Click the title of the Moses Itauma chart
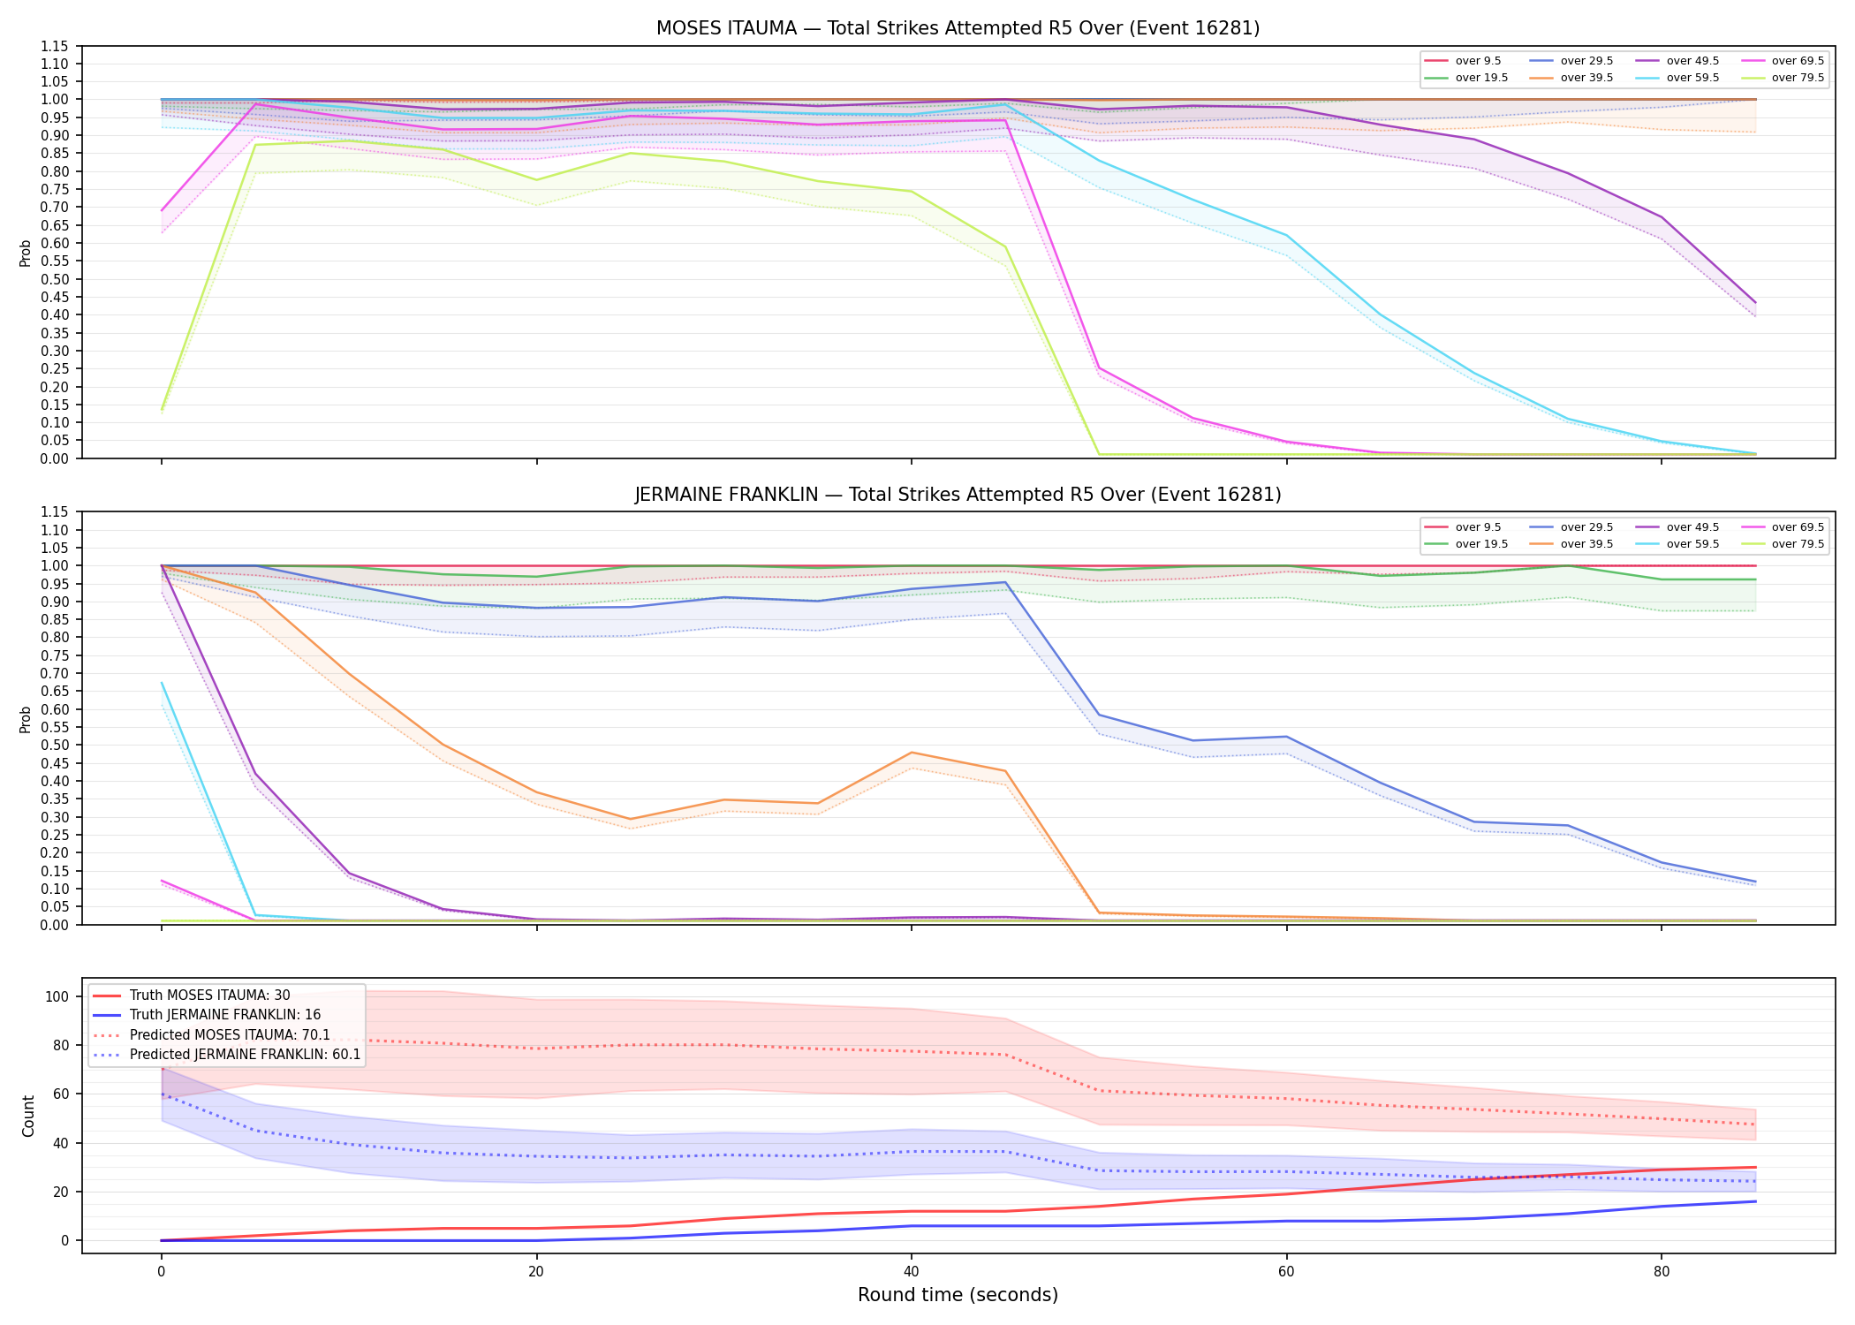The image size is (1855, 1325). tap(958, 28)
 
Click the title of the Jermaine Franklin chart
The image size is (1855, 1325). tap(958, 495)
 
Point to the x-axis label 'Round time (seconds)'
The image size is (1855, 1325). tap(958, 1295)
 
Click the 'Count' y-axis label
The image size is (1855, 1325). tap(28, 1116)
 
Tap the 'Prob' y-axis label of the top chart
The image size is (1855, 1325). tap(26, 253)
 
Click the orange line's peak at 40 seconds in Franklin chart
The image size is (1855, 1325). tap(911, 753)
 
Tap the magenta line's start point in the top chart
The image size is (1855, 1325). tap(162, 210)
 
